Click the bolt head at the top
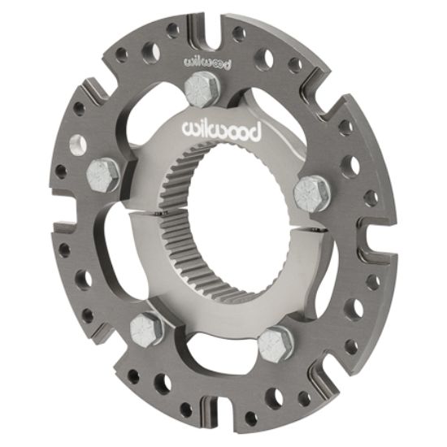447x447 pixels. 202,89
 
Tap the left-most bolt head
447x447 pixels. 103,173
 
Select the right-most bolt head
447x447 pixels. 311,193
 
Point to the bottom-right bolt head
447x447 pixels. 276,345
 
